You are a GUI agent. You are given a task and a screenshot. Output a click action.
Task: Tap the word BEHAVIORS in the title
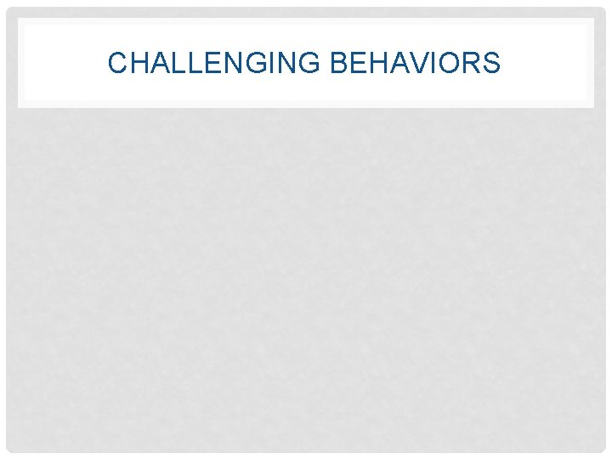coord(414,63)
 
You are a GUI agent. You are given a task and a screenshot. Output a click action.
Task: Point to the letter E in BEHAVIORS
coord(355,63)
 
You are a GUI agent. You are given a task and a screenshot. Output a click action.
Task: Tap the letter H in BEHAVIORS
coord(375,63)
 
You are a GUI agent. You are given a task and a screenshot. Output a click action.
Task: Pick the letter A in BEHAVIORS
coord(395,63)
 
